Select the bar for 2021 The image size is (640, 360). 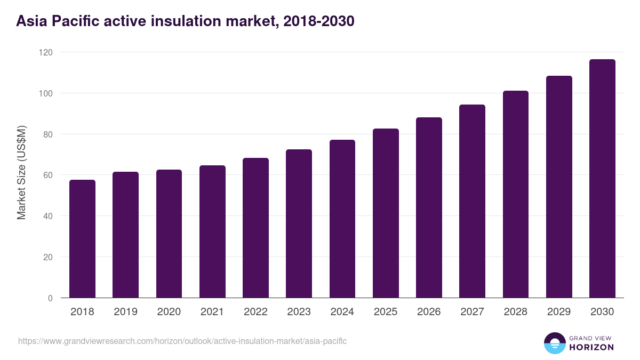(212, 231)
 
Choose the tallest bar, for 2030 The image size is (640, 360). (602, 179)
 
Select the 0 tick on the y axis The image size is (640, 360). (50, 298)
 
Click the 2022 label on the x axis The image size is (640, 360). (255, 312)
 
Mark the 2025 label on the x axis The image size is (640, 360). (386, 312)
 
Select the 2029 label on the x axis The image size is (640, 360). (559, 312)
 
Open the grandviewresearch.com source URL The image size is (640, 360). (182, 341)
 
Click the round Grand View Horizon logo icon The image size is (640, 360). (554, 343)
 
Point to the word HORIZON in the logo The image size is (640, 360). (591, 347)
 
